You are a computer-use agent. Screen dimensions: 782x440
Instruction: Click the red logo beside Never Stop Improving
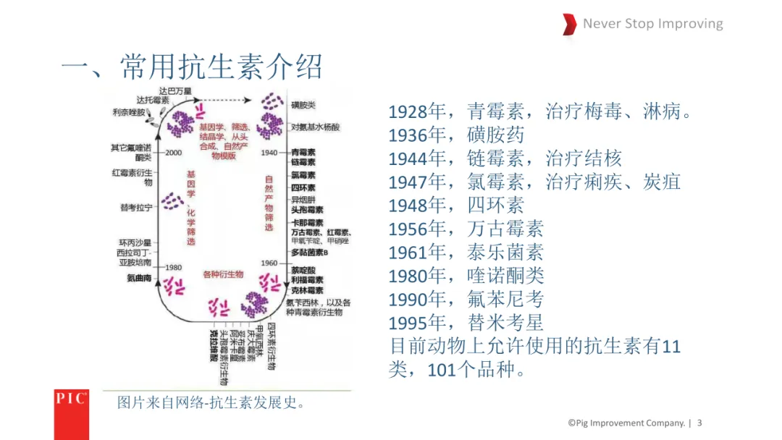(569, 24)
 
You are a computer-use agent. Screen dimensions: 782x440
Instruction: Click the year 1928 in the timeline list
(408, 112)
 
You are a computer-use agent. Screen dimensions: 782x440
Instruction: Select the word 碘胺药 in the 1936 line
(496, 135)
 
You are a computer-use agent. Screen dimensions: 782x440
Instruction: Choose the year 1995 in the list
(408, 323)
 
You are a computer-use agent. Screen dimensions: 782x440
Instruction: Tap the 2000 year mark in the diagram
(173, 153)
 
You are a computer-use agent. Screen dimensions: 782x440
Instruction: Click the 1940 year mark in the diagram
(269, 153)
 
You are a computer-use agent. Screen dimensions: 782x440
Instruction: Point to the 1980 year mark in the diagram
(173, 267)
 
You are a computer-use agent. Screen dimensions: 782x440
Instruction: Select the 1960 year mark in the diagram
(269, 263)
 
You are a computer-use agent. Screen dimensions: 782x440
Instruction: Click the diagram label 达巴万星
(176, 91)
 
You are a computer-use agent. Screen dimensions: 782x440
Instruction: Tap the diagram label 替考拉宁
(136, 208)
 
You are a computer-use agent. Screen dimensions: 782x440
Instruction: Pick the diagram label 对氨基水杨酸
(315, 127)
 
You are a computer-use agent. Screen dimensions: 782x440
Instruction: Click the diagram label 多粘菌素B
(310, 253)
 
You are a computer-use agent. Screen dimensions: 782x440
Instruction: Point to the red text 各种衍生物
(223, 275)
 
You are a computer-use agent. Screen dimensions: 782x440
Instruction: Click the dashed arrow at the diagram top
(224, 100)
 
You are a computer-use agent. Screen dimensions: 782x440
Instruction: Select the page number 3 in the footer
(699, 423)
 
